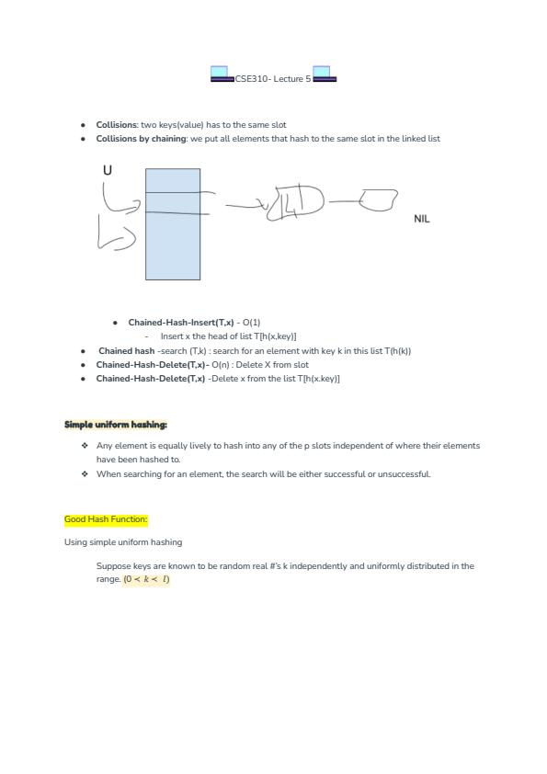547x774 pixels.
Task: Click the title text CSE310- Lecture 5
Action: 273,78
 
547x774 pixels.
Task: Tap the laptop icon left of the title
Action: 222,74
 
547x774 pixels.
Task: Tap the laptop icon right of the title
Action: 325,74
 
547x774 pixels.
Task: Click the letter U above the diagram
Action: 108,170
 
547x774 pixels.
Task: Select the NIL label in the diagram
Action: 422,219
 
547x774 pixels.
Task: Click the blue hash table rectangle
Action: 173,224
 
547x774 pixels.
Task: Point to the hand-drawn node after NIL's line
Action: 378,199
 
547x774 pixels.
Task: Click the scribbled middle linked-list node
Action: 296,203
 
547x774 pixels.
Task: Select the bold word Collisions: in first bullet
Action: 117,125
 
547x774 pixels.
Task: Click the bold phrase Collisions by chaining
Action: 142,139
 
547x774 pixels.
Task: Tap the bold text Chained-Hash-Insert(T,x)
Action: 181,323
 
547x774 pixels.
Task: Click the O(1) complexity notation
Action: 251,323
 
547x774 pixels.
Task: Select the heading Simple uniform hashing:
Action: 116,425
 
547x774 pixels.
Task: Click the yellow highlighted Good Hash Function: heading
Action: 106,519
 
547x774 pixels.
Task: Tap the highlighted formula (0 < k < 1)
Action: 146,579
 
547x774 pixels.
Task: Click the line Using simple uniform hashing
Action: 123,542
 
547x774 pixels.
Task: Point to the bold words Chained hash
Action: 126,351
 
